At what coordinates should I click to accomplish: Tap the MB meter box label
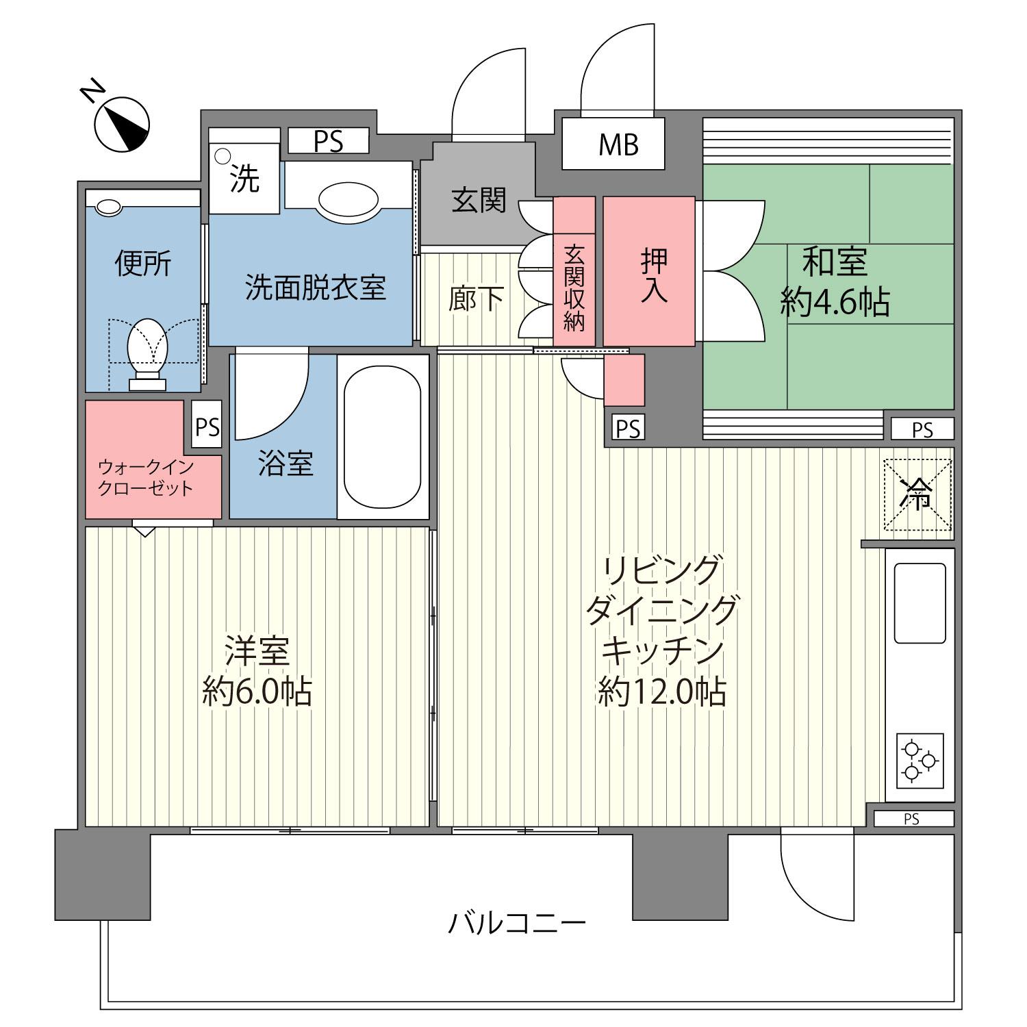tap(618, 144)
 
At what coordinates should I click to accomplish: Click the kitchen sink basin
tap(920, 603)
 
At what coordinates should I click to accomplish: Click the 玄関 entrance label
tap(479, 200)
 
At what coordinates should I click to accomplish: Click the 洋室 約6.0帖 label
tap(257, 671)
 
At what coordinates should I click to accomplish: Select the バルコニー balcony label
tap(517, 924)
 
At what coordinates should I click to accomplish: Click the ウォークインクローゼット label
tap(146, 478)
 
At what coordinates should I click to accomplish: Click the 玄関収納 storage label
tap(574, 288)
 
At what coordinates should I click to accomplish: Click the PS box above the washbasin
tap(329, 141)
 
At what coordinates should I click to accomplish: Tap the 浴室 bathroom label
tap(286, 464)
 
